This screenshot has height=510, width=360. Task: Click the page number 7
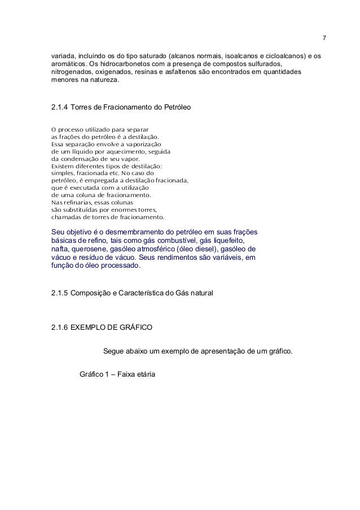[323, 38]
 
